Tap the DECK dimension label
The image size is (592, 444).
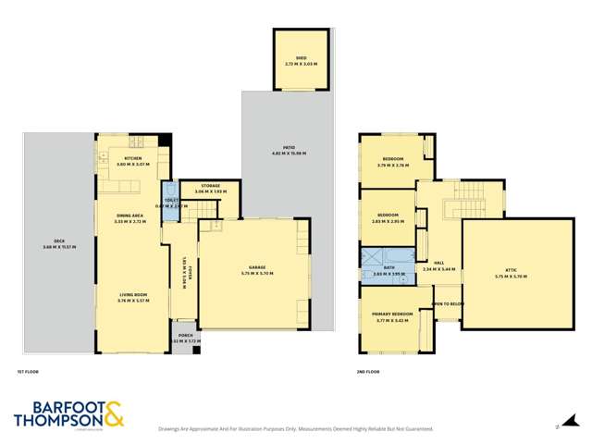[x=57, y=245]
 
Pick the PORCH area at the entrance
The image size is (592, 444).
[x=181, y=339]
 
